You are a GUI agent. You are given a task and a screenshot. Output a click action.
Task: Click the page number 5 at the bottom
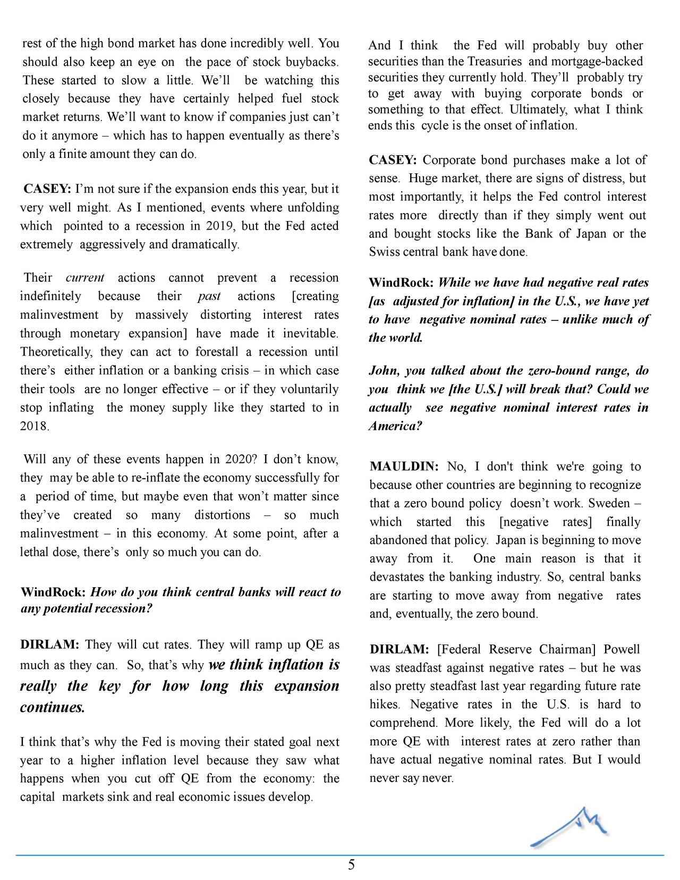[x=351, y=865]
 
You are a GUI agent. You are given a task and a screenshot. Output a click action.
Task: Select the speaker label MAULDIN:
[x=404, y=467]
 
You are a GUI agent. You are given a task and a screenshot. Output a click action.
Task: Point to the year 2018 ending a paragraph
[x=35, y=426]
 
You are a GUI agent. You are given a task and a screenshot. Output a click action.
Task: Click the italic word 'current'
[x=85, y=278]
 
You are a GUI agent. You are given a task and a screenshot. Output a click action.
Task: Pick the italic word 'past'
[x=209, y=297]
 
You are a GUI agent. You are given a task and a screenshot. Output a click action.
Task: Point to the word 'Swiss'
[x=384, y=252]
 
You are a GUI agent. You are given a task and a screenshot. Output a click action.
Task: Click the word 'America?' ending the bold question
[x=395, y=426]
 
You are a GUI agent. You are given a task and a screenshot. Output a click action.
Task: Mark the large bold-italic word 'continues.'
[x=52, y=708]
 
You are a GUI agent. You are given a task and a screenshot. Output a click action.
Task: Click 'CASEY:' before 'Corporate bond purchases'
[x=393, y=160]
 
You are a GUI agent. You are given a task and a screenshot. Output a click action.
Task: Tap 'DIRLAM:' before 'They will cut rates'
[x=49, y=645]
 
